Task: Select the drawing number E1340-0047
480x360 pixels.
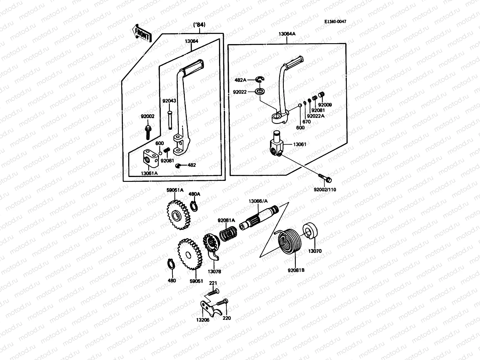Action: [x=337, y=22]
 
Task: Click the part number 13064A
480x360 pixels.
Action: [x=287, y=34]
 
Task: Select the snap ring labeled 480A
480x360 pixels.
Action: [x=194, y=206]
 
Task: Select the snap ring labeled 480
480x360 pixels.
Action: [x=171, y=264]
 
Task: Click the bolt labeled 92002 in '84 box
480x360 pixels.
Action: [x=148, y=132]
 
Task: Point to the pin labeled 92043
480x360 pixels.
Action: [x=170, y=119]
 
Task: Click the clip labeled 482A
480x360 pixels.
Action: [x=260, y=79]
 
